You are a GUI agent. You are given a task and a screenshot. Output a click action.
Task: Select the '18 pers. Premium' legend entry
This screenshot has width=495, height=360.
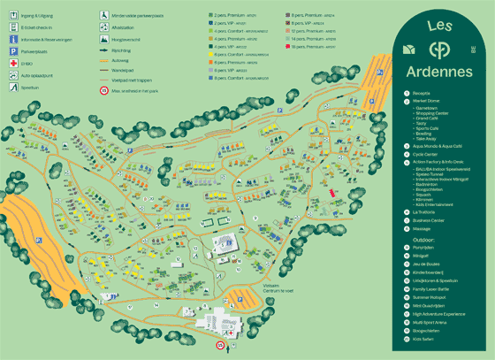point(312,47)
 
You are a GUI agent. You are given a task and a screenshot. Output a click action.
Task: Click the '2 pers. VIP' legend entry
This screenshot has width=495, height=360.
point(230,23)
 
